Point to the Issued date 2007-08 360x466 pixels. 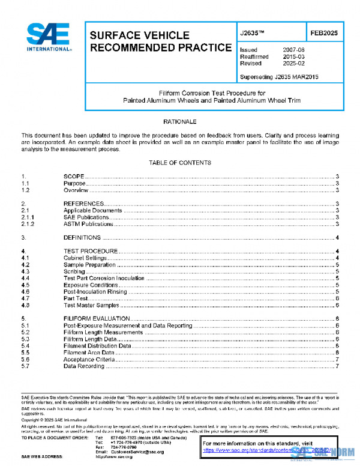click(293, 50)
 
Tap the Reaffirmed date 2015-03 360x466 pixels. click(293, 56)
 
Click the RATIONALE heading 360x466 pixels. click(180, 122)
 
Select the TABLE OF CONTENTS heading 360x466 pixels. click(180, 163)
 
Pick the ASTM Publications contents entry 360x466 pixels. click(88, 224)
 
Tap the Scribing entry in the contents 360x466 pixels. click(75, 271)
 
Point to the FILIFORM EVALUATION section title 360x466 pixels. click(97, 318)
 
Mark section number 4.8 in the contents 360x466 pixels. click(25, 305)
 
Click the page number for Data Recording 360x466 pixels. click(338, 366)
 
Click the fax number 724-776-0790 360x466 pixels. click(127, 446)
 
